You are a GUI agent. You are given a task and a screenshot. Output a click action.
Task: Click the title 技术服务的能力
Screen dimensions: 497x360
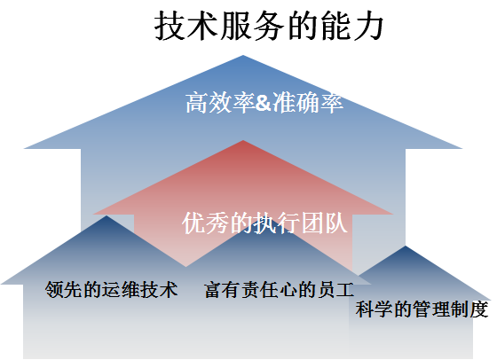(x=269, y=27)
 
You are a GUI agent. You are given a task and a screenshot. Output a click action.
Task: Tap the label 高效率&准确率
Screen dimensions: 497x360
(x=264, y=103)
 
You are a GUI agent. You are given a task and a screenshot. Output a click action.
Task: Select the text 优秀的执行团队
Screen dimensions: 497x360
(x=264, y=223)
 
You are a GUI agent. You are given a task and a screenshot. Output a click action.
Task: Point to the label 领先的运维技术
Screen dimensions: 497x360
(x=111, y=289)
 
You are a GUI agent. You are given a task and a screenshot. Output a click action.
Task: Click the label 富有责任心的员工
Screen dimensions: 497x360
(x=279, y=289)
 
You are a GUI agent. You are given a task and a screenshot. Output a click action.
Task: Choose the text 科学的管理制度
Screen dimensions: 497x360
(x=422, y=309)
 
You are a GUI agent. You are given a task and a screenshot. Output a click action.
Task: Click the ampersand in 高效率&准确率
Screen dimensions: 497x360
(x=264, y=103)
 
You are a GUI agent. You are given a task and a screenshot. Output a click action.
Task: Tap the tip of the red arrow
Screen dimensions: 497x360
(x=243, y=140)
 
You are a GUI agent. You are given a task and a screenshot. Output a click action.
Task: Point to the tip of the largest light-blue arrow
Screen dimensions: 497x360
(x=243, y=55)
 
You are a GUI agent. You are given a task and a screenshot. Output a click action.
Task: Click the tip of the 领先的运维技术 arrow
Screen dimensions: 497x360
(x=106, y=216)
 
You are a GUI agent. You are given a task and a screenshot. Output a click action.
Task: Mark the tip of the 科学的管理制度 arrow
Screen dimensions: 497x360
(x=406, y=246)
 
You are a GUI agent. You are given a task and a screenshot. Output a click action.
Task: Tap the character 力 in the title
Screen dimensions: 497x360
(x=368, y=27)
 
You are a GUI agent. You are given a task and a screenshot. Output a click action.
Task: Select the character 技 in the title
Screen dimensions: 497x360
(x=170, y=27)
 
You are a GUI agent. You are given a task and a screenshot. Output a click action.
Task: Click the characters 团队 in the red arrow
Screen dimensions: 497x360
(x=324, y=223)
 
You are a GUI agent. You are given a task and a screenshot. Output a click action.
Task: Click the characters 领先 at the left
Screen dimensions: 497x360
(x=64, y=289)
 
